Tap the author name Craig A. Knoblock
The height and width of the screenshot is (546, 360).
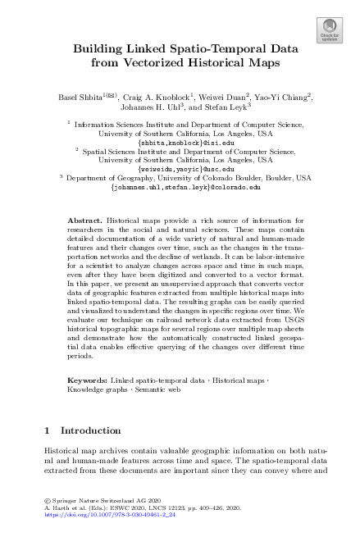click(158, 98)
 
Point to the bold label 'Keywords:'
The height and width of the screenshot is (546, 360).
click(86, 381)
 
